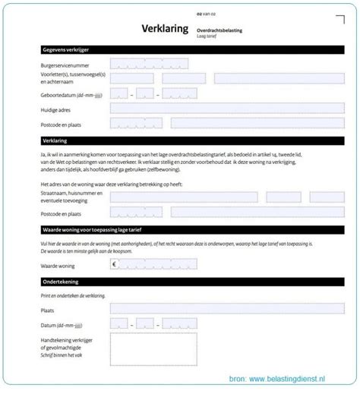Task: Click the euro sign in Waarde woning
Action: tap(115, 264)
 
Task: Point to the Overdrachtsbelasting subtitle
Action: tap(221, 29)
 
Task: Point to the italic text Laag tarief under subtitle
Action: tap(207, 36)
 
